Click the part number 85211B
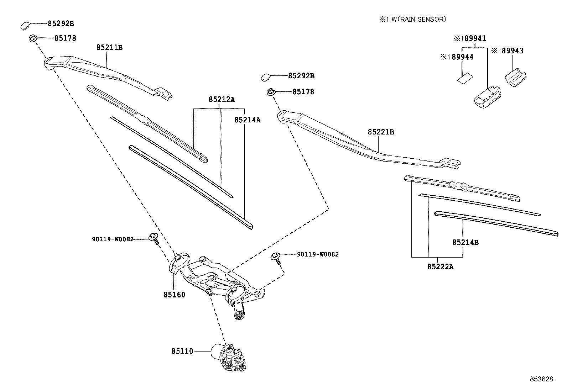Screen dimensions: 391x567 (x=109, y=47)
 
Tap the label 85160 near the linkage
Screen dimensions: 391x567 (x=175, y=295)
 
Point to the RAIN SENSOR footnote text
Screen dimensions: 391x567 (x=413, y=20)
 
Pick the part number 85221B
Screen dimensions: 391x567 (x=381, y=132)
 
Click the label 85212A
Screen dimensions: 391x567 (x=222, y=100)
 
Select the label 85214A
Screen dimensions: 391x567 (x=247, y=120)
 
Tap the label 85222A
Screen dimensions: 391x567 (x=440, y=266)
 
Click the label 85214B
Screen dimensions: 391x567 (x=465, y=242)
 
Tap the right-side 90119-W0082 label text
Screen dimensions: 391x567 (x=318, y=254)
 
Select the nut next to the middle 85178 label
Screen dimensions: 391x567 (x=271, y=92)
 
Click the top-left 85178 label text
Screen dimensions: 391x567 (x=65, y=38)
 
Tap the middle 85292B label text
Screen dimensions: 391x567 (x=301, y=76)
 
